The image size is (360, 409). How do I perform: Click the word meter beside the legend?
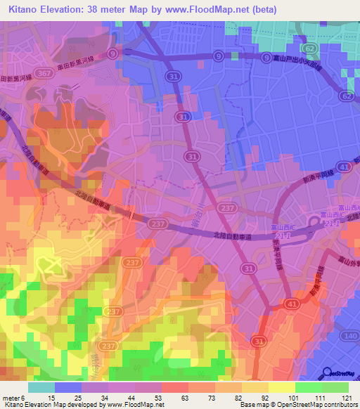click(x=11, y=398)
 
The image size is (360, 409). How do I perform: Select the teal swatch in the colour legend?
click(x=41, y=387)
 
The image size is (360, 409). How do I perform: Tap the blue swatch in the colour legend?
click(x=68, y=387)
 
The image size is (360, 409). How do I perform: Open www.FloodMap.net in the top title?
click(x=213, y=10)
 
